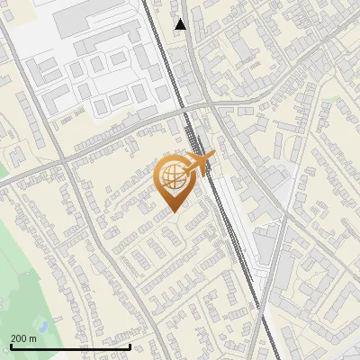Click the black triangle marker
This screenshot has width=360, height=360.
click(x=181, y=24)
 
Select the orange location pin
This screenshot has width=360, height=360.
click(x=173, y=181)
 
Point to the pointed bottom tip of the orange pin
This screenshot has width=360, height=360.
click(x=173, y=211)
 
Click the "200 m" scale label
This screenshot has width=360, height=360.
click(x=24, y=338)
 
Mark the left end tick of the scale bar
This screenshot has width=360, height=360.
click(x=11, y=345)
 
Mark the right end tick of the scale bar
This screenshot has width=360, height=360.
click(x=130, y=345)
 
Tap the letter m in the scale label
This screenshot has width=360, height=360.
click(x=33, y=338)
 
